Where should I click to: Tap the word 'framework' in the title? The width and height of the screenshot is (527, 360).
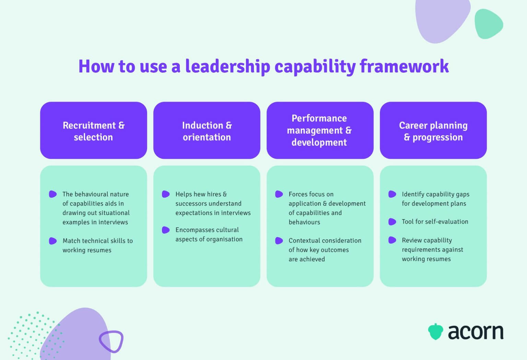click(404, 66)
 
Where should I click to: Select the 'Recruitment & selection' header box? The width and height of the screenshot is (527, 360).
click(93, 130)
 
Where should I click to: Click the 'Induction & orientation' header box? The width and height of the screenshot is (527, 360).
click(207, 130)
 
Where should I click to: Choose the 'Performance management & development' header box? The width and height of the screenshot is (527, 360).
click(320, 130)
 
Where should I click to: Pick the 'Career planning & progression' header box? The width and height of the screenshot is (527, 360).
click(433, 130)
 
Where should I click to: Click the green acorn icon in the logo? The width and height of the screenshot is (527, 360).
click(435, 331)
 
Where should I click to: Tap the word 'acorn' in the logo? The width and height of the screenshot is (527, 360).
click(476, 332)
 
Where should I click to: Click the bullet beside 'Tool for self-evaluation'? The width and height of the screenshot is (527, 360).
click(392, 222)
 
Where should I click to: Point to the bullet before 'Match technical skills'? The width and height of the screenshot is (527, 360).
click(52, 241)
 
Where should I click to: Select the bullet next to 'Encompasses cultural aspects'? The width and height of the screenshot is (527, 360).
click(166, 230)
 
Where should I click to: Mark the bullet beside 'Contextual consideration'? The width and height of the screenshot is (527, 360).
click(279, 241)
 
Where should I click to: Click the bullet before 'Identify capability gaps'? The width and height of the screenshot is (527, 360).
click(392, 194)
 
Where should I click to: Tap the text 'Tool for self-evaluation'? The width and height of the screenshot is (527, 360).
click(435, 222)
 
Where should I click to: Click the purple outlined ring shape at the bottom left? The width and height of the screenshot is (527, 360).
click(111, 341)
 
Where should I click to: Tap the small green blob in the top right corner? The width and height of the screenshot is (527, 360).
click(488, 24)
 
